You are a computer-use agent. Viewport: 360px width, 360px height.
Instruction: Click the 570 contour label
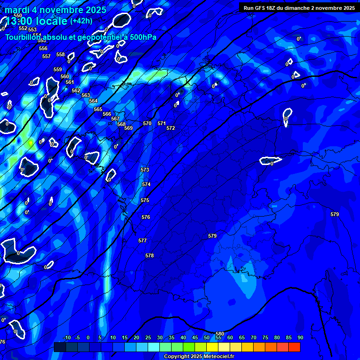[x=147, y=123]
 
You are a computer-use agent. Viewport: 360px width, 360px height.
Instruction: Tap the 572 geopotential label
[x=171, y=128]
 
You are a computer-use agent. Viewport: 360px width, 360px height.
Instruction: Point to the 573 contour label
[x=145, y=170]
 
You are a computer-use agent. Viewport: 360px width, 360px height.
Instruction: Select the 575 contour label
[x=145, y=200]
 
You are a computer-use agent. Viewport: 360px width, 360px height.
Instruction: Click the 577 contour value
[x=142, y=240]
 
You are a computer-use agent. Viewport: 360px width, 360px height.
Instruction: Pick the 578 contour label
[x=150, y=255]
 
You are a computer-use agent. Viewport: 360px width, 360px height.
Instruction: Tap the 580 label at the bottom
[x=219, y=334]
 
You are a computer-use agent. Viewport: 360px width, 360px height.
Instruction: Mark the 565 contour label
[x=97, y=109]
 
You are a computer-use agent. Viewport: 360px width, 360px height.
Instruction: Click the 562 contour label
[x=76, y=90]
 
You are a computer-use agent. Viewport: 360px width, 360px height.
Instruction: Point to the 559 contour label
[x=58, y=69]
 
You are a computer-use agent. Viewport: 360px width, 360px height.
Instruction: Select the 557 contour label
[x=46, y=56]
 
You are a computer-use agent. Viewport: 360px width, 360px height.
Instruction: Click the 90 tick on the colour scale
[x=300, y=337]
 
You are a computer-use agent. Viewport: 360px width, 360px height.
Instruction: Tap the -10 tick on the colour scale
[x=67, y=337]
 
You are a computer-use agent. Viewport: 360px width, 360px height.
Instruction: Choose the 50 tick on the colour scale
[x=207, y=337]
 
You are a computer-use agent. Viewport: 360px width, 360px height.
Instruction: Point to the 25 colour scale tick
[x=148, y=337]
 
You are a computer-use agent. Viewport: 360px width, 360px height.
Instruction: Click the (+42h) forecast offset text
[x=81, y=21]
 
